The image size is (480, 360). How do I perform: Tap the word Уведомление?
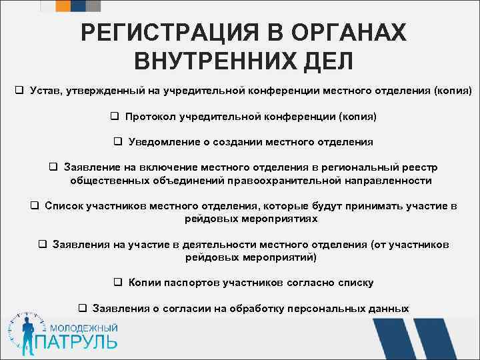pos(162,142)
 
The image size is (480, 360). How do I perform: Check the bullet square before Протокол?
pos(114,117)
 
